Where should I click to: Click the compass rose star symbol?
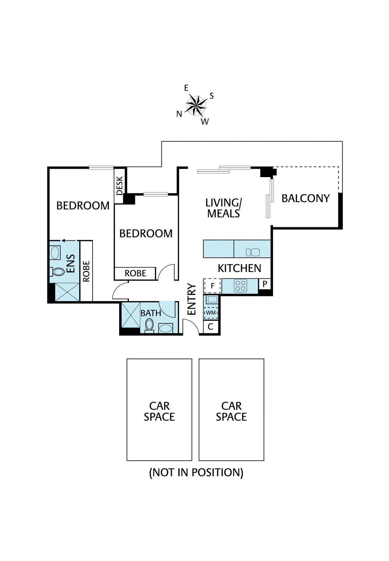[196, 105]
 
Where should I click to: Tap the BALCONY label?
[306, 198]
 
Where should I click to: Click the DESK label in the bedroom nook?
[120, 186]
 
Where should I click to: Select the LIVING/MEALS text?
[224, 208]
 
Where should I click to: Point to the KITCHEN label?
[239, 269]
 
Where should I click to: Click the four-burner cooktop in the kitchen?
[240, 285]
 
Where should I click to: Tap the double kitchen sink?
[253, 252]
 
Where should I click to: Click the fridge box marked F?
[212, 286]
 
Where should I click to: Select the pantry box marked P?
[265, 284]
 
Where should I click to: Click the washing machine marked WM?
[211, 312]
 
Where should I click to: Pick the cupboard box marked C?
[211, 327]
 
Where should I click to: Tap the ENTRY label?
[192, 299]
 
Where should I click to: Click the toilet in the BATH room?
[149, 325]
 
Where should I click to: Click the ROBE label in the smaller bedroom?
[135, 273]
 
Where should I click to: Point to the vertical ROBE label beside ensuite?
[87, 271]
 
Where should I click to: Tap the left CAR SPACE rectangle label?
[159, 411]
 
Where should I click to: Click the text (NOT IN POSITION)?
[196, 473]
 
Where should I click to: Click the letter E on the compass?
[186, 88]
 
